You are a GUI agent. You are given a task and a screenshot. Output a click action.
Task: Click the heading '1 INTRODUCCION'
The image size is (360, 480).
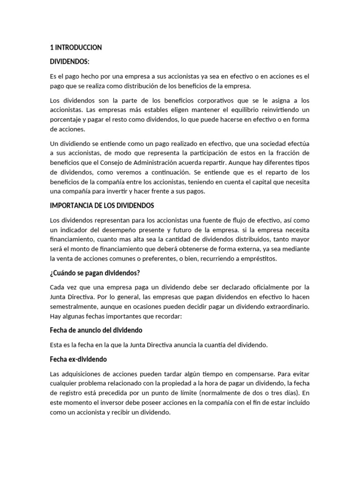click(75, 47)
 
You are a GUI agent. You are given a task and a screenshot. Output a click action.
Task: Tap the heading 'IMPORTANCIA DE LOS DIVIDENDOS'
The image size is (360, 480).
click(102, 206)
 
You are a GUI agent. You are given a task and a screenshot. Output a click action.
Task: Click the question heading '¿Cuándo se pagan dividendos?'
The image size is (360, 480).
click(95, 273)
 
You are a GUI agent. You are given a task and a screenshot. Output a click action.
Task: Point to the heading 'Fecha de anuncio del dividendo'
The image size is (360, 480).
click(96, 330)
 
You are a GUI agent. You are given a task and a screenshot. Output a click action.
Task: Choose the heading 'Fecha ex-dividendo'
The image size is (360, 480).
click(78, 359)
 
